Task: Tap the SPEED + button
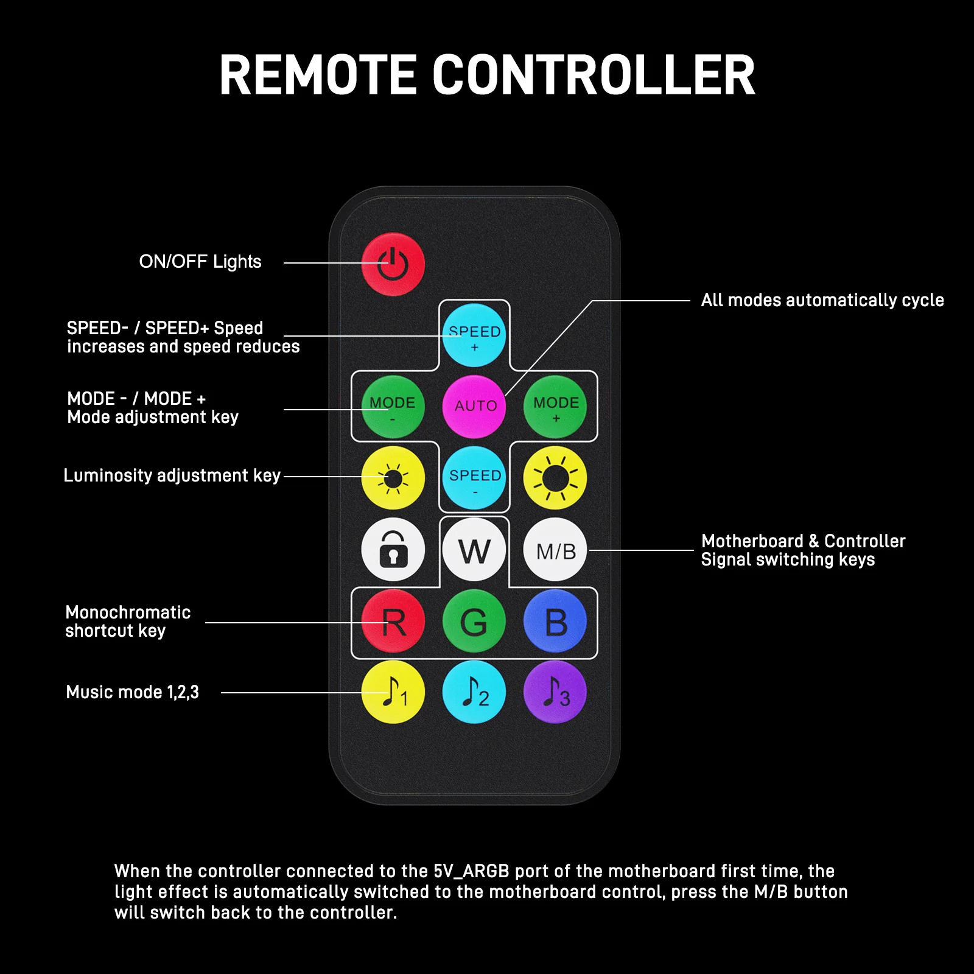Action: pyautogui.click(x=474, y=335)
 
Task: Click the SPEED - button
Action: pyautogui.click(x=474, y=478)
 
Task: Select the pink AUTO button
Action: pyautogui.click(x=474, y=407)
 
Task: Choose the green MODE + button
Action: pyautogui.click(x=555, y=407)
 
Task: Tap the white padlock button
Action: pyautogui.click(x=393, y=550)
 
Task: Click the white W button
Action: pyautogui.click(x=474, y=550)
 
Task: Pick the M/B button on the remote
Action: pyautogui.click(x=555, y=550)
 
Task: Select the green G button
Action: pyautogui.click(x=474, y=621)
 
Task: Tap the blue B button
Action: pyautogui.click(x=555, y=621)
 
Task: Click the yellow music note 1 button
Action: pyautogui.click(x=393, y=692)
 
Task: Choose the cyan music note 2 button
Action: pyautogui.click(x=474, y=692)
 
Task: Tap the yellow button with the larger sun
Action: pyautogui.click(x=555, y=478)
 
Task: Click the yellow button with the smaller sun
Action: pyautogui.click(x=393, y=478)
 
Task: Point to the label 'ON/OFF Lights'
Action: pyautogui.click(x=200, y=262)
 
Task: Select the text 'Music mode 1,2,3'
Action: pyautogui.click(x=133, y=692)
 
